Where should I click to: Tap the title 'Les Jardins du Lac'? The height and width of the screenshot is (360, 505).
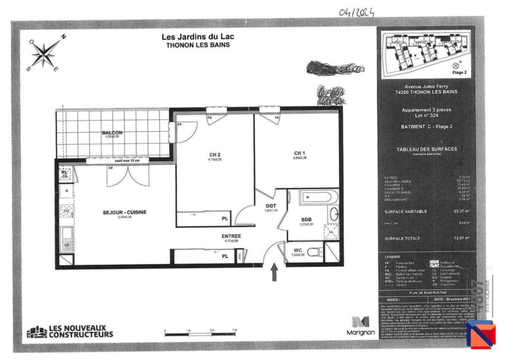pos(197,37)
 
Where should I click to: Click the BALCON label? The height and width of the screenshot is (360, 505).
pos(111,133)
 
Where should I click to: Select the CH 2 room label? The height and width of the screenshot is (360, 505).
pos(215,155)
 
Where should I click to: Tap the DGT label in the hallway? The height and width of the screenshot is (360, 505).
pos(271,206)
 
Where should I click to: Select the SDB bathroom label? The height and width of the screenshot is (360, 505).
pos(306,220)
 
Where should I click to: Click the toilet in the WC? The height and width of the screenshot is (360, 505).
pos(315,251)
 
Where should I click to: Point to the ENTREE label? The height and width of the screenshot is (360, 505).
pos(232,237)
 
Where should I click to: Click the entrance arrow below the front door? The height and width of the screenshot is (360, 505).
pos(275,273)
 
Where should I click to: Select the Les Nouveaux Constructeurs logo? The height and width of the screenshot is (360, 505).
pos(71,332)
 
